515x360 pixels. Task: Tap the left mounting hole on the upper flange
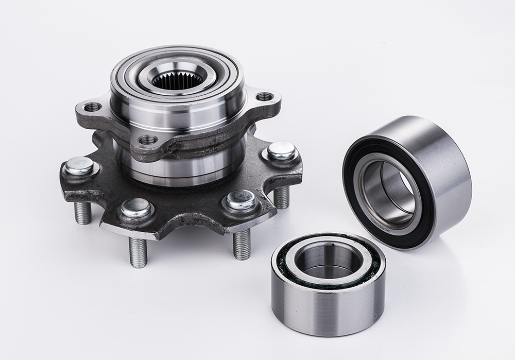(x=93, y=107)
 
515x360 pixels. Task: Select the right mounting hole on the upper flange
(x=264, y=96)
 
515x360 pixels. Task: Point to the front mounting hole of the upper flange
(x=148, y=140)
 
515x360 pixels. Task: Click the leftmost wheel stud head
(x=79, y=166)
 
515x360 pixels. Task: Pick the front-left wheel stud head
(x=136, y=208)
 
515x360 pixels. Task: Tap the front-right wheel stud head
(x=241, y=200)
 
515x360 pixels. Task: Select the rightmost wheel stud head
(x=281, y=151)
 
